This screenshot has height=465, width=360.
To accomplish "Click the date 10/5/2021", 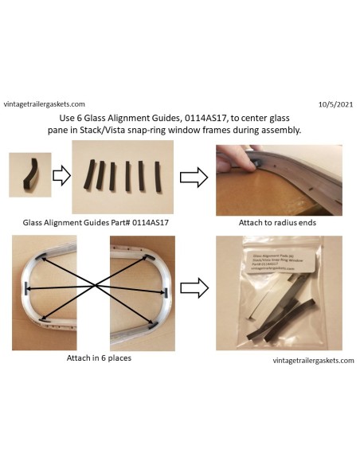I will point(335,104).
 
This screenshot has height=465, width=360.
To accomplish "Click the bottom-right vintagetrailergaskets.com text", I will point(311,360).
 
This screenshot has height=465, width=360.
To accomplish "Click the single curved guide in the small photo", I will point(31,174).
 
